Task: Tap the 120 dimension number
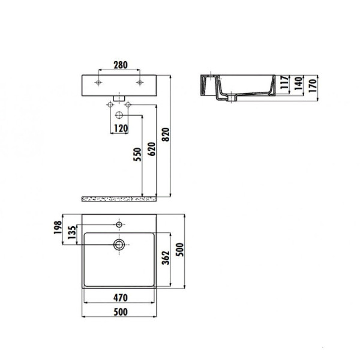click(121, 128)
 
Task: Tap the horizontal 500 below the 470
click(122, 312)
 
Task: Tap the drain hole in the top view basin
click(120, 244)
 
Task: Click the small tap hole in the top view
click(120, 224)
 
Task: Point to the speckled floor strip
click(120, 197)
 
